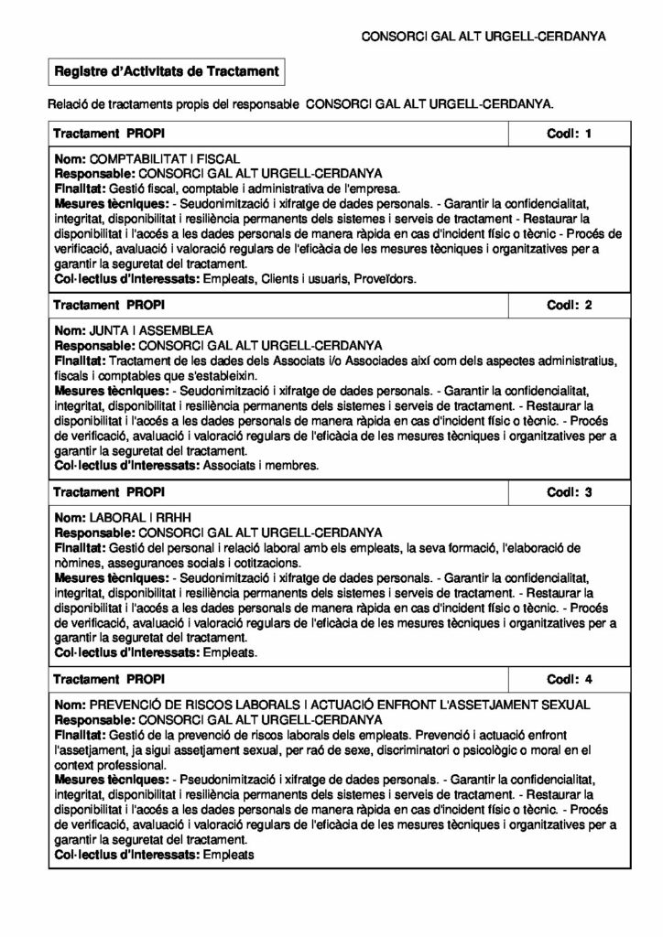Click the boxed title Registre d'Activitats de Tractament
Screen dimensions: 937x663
coord(165,70)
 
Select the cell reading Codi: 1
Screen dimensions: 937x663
coord(569,134)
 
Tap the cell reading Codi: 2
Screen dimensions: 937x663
coord(569,303)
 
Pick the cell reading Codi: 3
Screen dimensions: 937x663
coord(569,492)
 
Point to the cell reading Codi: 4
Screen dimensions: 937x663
coord(569,680)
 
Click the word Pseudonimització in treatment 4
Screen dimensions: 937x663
coord(228,778)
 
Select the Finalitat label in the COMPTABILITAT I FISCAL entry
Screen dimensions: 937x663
coord(81,186)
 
